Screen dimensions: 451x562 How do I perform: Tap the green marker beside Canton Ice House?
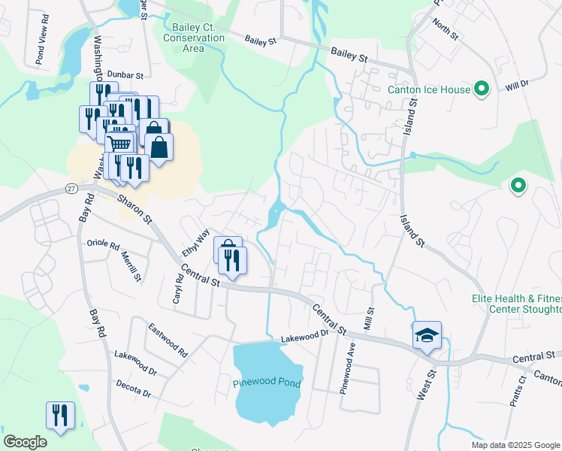(482, 89)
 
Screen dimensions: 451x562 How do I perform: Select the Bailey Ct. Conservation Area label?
(194, 38)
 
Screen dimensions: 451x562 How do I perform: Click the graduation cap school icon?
(427, 334)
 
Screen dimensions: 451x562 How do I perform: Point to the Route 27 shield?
(71, 188)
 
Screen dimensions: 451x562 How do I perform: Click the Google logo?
(25, 442)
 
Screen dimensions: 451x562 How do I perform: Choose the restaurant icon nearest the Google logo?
(60, 415)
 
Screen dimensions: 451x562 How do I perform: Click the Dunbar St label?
(125, 75)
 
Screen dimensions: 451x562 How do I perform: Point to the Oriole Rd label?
(103, 245)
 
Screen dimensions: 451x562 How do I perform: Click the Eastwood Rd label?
(167, 334)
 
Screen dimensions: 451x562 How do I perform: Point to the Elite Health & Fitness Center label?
(517, 304)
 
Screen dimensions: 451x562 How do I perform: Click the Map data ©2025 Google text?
(515, 445)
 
